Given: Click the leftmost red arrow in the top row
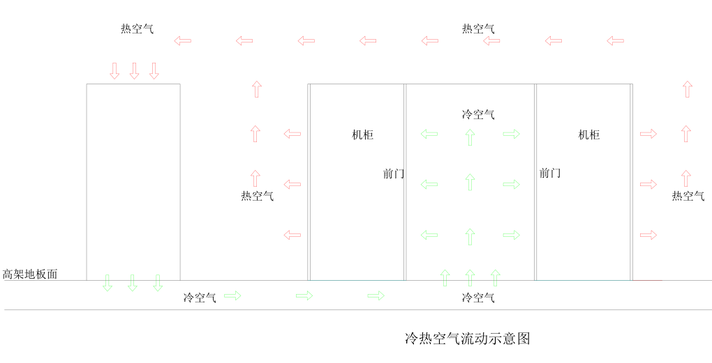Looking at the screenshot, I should tap(182, 41).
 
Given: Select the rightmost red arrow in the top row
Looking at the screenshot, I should tap(615, 41).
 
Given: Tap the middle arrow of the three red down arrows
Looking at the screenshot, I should tap(134, 71).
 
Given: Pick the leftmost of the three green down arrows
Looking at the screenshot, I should tap(107, 283).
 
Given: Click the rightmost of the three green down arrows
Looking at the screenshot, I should tap(158, 283).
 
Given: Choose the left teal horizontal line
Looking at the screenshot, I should tap(357, 281).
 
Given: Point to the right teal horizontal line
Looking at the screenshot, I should tap(583, 281).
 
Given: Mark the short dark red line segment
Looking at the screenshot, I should tap(648, 281).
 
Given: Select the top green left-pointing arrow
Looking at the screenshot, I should tap(429, 134).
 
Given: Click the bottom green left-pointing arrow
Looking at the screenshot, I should tap(429, 235).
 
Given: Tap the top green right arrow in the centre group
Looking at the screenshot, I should tap(511, 134).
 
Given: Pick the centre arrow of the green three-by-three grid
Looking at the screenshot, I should tap(470, 182).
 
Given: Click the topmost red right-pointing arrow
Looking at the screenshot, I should tap(648, 134).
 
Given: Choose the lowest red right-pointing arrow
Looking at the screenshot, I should tap(648, 235).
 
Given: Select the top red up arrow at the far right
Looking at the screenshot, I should tap(688, 89).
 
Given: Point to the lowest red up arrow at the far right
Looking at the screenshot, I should tap(686, 178).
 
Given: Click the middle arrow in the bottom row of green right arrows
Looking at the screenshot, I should tap(304, 295).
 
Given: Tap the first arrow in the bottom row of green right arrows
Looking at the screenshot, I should tap(232, 295).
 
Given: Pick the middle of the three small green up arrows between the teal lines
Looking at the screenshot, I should tap(470, 278).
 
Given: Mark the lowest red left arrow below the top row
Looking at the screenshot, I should tap(292, 235).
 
